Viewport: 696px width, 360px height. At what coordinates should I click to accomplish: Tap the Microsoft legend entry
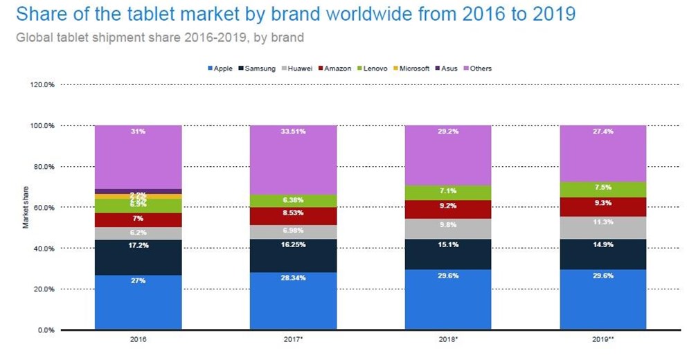coord(414,69)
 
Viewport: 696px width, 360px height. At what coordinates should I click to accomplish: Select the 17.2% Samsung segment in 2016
coord(138,258)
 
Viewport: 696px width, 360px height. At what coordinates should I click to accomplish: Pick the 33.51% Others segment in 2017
coord(293,160)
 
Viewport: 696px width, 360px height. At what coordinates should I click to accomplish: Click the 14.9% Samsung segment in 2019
coord(603,254)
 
